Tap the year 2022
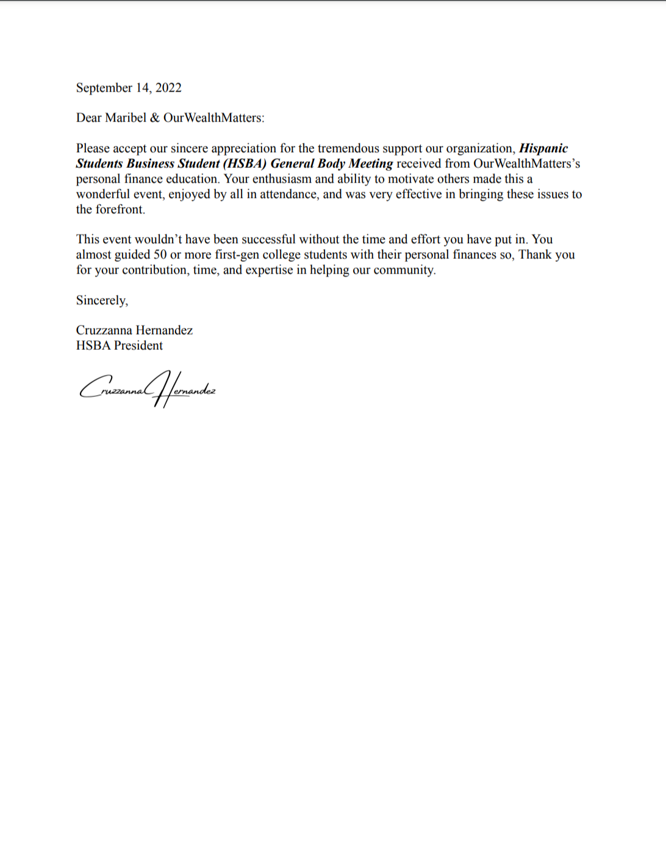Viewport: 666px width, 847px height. [x=168, y=88]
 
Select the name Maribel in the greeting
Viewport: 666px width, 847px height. [x=126, y=118]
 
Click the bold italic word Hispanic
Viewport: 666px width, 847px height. [x=543, y=148]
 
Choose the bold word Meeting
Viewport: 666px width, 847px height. [x=371, y=164]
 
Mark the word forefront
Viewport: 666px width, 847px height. [x=120, y=209]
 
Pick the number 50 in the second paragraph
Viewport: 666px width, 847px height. [x=160, y=255]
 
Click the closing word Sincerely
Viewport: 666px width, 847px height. [x=101, y=300]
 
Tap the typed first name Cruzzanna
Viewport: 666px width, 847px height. [x=104, y=330]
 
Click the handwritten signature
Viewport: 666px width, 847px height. [x=147, y=389]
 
